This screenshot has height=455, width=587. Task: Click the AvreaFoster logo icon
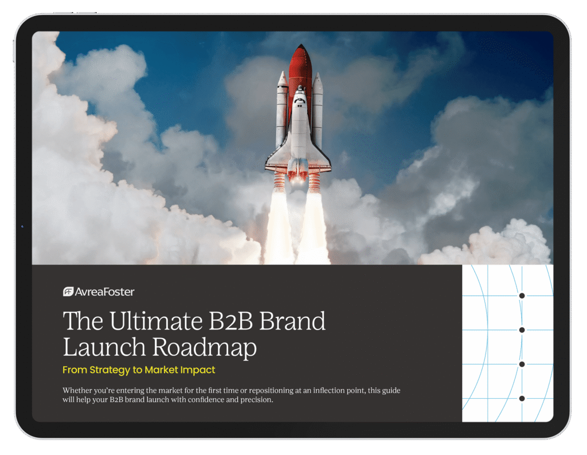68,292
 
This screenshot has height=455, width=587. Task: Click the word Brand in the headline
292,321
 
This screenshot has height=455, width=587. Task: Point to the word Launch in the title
104,347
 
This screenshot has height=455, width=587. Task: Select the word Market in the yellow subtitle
161,370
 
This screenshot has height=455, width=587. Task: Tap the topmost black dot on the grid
522,296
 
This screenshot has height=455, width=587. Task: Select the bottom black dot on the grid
522,398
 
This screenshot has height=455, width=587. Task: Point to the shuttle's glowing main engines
298,176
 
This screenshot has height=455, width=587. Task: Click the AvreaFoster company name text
104,292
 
